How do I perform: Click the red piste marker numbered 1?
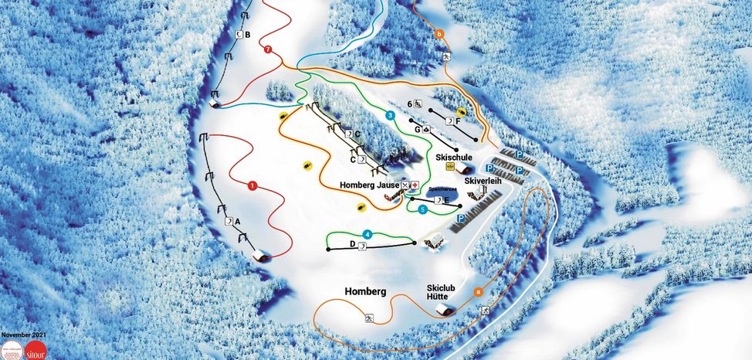point(252,185)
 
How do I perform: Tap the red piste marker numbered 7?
point(268,49)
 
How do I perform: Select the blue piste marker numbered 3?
point(391,116)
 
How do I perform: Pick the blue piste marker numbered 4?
point(368,234)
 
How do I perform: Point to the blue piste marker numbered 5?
point(422,209)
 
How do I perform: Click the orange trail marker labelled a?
point(478,292)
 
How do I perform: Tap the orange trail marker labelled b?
point(439,33)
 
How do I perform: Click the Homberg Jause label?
point(369,185)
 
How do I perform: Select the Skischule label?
point(453,157)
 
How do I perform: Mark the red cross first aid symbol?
point(415,185)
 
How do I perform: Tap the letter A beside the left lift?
point(239,221)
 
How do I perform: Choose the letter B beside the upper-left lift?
point(248,34)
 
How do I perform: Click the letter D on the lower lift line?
point(352,244)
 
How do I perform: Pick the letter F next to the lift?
point(459,121)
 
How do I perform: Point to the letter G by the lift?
point(418,130)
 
